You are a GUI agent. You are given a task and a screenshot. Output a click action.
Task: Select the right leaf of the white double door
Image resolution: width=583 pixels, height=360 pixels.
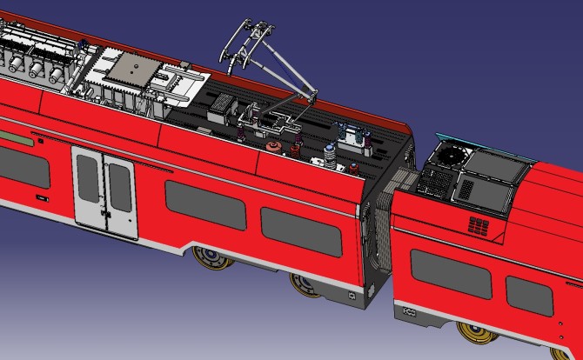pos(119,197)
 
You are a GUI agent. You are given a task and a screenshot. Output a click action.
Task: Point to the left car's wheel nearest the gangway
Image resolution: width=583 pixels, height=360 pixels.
pos(305,283)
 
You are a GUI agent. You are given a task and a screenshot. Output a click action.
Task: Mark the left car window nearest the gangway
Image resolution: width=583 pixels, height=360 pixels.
pos(299,232)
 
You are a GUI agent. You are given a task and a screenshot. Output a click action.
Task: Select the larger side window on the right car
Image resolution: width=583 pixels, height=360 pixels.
pos(449,276)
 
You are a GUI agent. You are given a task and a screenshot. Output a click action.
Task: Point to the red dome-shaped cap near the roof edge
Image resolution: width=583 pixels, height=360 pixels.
pos(272,147)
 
